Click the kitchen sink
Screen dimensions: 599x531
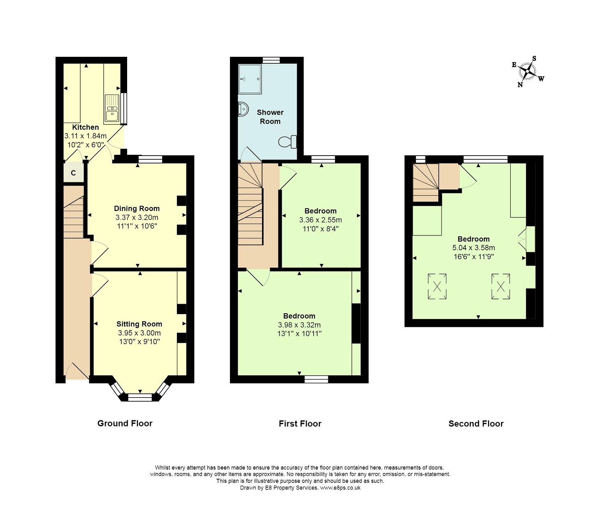point(111,108)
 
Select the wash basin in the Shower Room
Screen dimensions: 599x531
point(243,109)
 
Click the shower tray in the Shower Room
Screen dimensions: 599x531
point(250,79)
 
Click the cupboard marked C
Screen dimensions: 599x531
point(73,172)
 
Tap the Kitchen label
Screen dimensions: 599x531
point(86,127)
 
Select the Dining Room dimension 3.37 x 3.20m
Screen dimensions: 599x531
point(137,217)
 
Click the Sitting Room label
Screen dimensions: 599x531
point(139,324)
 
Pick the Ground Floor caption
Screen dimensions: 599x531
point(125,423)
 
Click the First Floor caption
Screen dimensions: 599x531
point(300,424)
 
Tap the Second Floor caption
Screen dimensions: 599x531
point(476,424)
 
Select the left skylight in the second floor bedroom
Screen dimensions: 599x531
point(437,286)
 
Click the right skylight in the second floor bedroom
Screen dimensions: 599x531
point(501,286)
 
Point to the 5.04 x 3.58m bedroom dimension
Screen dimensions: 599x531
point(474,248)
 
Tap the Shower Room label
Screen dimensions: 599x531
point(270,117)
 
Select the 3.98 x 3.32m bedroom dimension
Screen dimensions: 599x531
point(299,325)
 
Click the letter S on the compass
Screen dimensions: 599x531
point(534,58)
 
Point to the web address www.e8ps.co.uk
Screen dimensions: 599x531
point(340,488)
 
